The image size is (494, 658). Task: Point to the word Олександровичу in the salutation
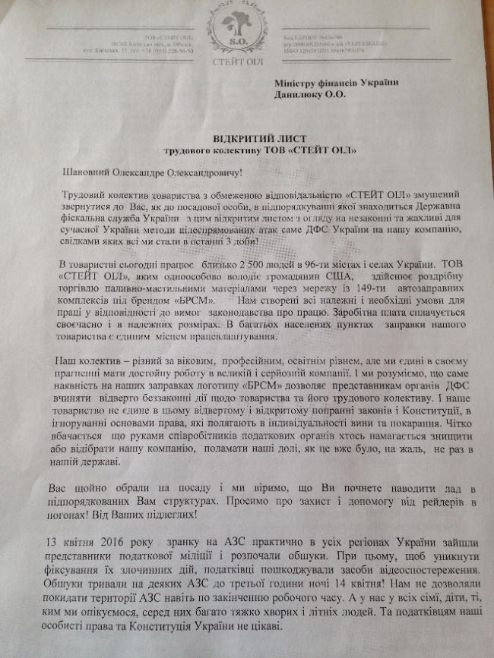[x=205, y=174]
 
